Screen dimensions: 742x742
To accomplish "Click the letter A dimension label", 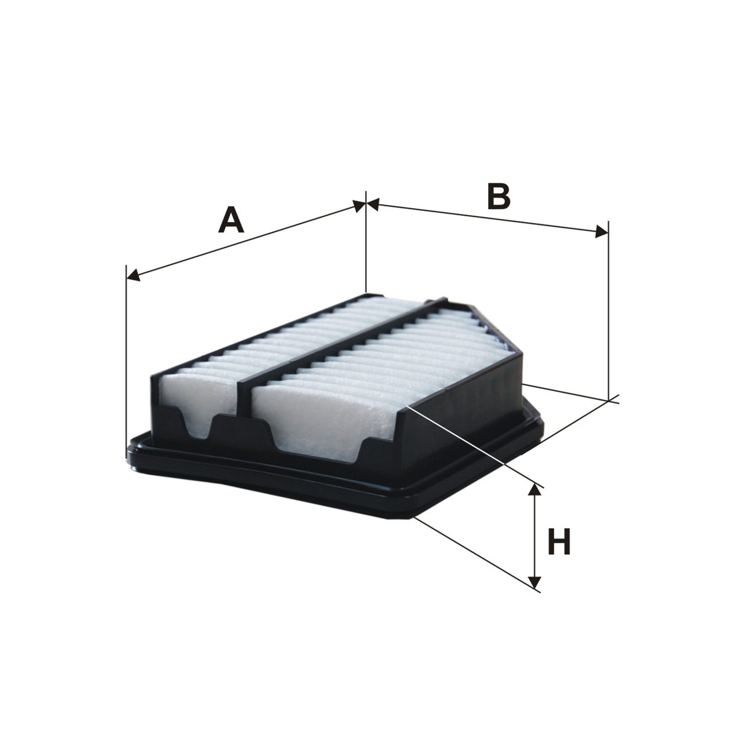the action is (x=231, y=220).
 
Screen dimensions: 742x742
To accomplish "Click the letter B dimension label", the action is (x=499, y=197).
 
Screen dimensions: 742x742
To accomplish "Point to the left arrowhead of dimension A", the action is (x=133, y=275).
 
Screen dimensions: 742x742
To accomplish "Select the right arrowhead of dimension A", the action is (x=358, y=206).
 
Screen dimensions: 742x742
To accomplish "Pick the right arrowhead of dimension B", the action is (x=602, y=232).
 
